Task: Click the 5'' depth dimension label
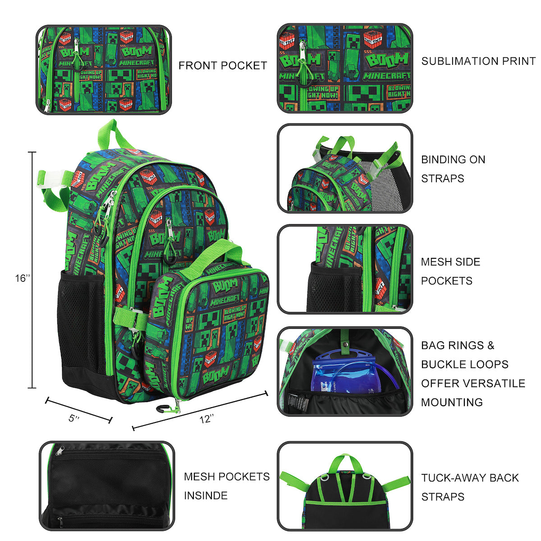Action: click(74, 418)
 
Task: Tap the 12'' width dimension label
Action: click(206, 419)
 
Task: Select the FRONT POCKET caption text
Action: click(223, 65)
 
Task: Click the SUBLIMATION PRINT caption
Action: click(478, 61)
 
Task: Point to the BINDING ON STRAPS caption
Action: click(453, 169)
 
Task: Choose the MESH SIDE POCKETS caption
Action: click(450, 271)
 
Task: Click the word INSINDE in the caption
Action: click(206, 495)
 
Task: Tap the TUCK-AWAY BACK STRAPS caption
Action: click(470, 487)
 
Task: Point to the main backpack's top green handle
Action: click(118, 133)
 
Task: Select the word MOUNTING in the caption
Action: click(452, 402)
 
